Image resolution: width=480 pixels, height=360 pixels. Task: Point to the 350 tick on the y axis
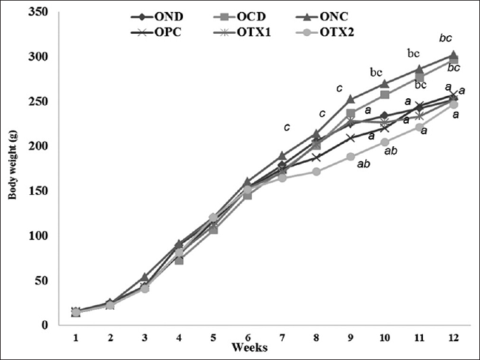(40, 12)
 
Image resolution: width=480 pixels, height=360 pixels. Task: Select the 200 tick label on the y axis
(40, 146)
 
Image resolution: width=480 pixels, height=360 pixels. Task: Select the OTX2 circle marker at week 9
(349, 157)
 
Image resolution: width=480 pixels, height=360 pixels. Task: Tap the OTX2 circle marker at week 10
(384, 142)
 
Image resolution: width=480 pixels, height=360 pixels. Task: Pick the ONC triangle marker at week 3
(144, 277)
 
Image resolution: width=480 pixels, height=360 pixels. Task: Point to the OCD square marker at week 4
(178, 260)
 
